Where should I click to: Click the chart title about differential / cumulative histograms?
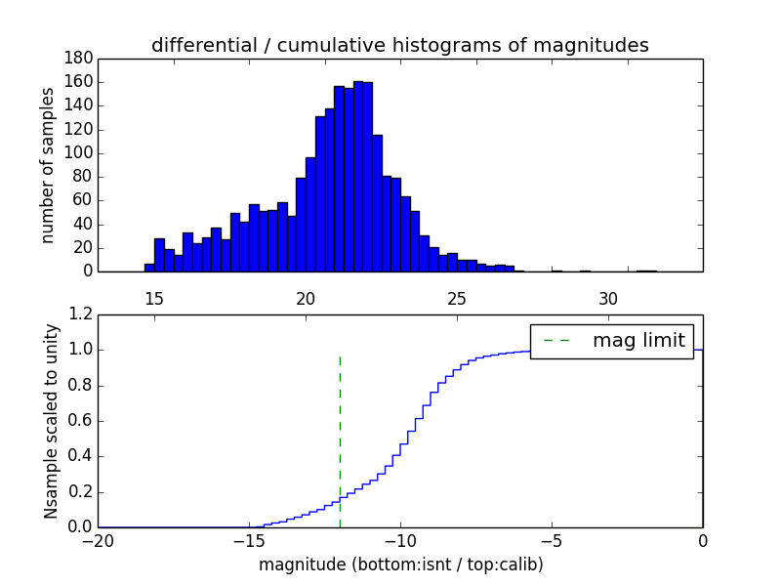pos(399,45)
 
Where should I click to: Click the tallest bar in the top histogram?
pos(358,176)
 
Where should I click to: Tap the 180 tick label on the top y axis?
pos(79,59)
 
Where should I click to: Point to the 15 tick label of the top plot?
pos(154,297)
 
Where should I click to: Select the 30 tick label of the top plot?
pos(608,297)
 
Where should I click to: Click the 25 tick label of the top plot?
pos(457,297)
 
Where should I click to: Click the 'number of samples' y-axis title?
pos(48,165)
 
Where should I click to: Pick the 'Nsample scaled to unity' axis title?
pos(51,421)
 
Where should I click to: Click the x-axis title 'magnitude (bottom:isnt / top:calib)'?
pos(400,565)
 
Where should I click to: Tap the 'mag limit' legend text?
pos(638,341)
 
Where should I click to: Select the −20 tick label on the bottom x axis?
pos(98,540)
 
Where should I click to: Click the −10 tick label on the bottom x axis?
pos(400,540)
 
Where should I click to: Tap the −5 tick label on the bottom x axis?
pos(552,540)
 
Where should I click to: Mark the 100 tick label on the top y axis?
pos(79,153)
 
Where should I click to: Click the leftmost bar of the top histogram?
pos(149,268)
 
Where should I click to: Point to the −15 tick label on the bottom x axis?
pos(249,540)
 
